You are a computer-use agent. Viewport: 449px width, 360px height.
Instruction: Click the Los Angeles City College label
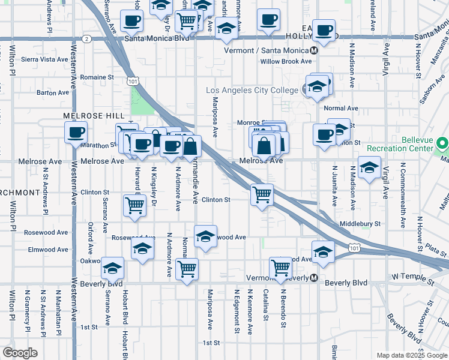coord(252,91)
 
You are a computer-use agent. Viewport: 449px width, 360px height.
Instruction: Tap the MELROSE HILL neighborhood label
coord(94,115)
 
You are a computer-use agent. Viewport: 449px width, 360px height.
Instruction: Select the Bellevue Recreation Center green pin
coord(443,143)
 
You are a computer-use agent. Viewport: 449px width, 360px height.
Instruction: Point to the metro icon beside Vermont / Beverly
coord(313,278)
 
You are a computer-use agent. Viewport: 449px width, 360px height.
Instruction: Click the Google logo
coord(20,353)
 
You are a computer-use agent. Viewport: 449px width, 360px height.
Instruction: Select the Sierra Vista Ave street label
coord(46,59)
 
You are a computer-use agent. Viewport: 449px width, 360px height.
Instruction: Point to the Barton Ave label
coord(53,92)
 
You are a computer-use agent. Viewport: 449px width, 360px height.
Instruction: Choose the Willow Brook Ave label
coord(286,61)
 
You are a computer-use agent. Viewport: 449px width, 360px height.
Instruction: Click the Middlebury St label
coord(360,224)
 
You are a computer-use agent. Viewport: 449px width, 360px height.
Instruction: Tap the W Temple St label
coord(412,278)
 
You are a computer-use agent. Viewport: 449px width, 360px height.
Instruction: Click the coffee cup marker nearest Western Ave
coord(76,132)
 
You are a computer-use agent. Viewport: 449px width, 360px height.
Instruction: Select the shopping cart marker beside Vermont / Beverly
coord(280,268)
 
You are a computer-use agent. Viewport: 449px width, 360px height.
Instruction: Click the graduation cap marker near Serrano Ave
coord(112,268)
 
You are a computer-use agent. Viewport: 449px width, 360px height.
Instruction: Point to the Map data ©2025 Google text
coord(411,355)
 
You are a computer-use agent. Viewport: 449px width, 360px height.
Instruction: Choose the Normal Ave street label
coord(340,109)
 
